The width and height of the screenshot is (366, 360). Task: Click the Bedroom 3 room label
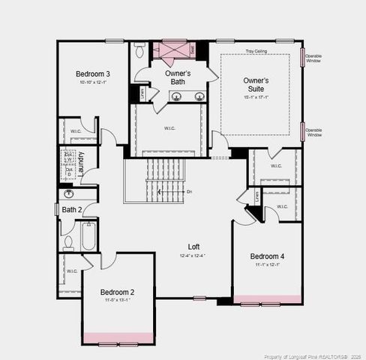(93, 74)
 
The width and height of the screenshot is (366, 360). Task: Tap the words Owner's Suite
(256, 84)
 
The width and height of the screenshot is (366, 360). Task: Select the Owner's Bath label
(178, 78)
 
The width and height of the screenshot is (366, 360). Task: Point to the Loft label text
(193, 247)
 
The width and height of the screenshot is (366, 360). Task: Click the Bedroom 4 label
(267, 256)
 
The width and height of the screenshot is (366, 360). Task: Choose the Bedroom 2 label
(117, 292)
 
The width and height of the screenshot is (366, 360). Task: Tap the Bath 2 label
(72, 209)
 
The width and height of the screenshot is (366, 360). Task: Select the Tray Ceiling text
(256, 52)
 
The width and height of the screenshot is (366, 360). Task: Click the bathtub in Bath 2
(88, 235)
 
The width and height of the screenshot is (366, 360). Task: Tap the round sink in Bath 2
(69, 193)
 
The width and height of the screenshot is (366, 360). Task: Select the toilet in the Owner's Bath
(139, 50)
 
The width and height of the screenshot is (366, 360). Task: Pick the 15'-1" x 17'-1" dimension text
(256, 97)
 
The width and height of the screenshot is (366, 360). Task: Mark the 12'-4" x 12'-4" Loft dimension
(193, 256)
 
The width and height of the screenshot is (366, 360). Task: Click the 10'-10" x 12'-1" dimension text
(93, 82)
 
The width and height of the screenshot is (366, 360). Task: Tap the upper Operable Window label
(314, 58)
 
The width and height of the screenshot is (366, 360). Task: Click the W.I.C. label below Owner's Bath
(170, 128)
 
